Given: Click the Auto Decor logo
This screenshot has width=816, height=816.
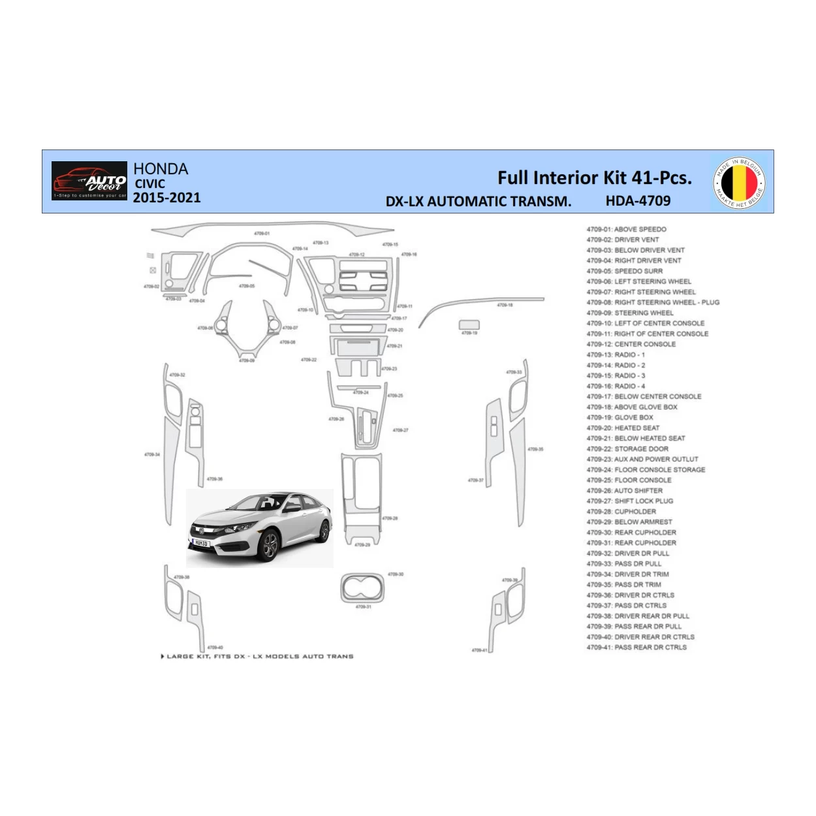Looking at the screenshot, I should [89, 181].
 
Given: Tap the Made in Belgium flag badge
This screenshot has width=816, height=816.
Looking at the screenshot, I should [739, 182].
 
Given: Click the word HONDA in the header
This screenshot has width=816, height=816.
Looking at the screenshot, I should [161, 169].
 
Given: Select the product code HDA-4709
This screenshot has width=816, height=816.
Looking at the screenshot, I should [638, 201].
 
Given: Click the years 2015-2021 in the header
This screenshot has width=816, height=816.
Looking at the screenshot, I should [167, 198].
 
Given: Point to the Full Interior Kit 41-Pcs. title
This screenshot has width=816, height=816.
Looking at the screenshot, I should [594, 178].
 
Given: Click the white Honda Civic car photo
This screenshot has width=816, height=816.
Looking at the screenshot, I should [260, 527].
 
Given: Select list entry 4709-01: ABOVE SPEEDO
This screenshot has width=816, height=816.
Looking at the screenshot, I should [626, 229].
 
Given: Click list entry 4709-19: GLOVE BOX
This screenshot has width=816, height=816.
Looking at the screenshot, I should [620, 417].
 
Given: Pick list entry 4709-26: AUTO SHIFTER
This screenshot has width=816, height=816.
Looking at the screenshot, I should [624, 490].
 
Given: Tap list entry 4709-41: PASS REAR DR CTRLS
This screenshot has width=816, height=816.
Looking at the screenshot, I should [636, 647].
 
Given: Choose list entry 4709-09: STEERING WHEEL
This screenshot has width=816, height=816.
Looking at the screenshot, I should [629, 313].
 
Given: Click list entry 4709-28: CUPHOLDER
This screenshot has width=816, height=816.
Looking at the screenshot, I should [621, 511].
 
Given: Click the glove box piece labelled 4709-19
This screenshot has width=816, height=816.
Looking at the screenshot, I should [469, 324].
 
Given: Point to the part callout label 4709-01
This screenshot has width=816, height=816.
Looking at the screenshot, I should [262, 233].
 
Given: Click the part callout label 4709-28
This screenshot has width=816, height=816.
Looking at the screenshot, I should [390, 518].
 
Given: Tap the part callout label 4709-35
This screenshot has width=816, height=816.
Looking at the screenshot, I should [535, 449].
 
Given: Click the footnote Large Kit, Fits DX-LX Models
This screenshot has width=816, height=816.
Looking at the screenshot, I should [257, 656].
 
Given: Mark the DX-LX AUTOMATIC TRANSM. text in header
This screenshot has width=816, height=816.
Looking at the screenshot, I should [478, 202].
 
